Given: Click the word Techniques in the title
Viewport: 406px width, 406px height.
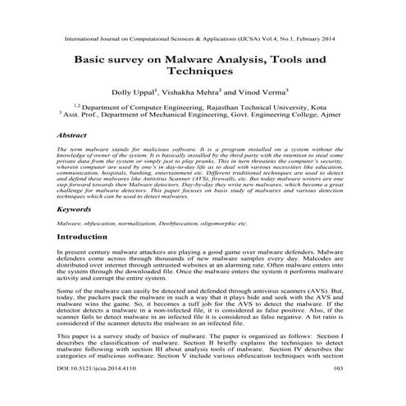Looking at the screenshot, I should pyautogui.click(x=203, y=72).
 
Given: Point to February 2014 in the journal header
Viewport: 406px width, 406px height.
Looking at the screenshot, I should pyautogui.click(x=326, y=39).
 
